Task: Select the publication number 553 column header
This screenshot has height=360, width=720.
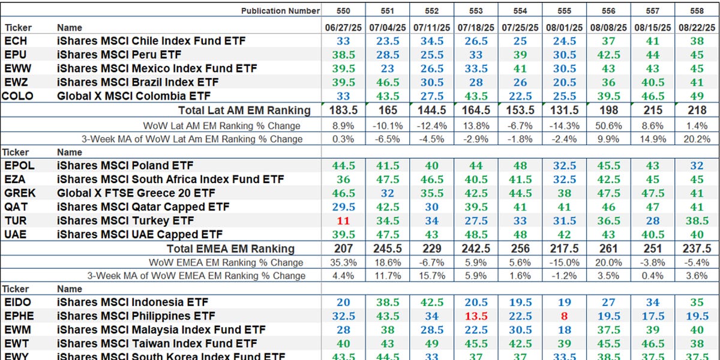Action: coord(475,11)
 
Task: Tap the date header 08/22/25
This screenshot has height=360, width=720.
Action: coord(696,28)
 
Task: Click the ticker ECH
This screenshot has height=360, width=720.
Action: coord(15,41)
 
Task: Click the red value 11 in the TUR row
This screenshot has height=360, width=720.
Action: coord(343,220)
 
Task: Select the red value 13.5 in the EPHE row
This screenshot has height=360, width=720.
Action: coord(475,316)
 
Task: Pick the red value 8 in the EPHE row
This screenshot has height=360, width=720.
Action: coord(564,316)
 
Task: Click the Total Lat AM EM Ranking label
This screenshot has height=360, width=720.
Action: coord(244,110)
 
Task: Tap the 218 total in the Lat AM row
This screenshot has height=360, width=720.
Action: coord(696,110)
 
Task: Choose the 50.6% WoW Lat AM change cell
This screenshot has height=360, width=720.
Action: coord(608,126)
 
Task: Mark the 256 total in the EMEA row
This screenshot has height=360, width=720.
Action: coord(520,248)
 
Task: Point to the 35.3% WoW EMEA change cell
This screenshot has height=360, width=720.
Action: coord(343,263)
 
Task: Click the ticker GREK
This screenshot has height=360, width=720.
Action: coord(19,193)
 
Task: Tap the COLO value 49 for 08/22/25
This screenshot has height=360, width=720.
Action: coord(696,96)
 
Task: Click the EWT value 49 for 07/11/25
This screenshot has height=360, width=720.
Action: coord(431,344)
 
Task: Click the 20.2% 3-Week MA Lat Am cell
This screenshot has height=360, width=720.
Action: coord(696,139)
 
